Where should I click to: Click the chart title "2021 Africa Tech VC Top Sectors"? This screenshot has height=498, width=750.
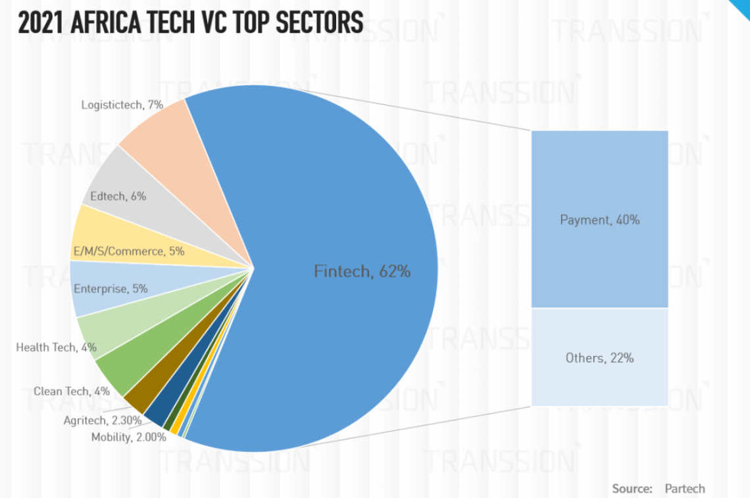(190, 22)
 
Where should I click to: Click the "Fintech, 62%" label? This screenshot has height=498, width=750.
(362, 271)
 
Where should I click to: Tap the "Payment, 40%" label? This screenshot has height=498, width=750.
(599, 219)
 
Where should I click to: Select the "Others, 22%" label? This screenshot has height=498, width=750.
(599, 357)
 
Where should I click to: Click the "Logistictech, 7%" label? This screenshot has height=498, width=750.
(122, 104)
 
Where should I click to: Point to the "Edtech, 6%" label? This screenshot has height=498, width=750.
(118, 196)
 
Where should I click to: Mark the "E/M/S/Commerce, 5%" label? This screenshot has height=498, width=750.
(128, 251)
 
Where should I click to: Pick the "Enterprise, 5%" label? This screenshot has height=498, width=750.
(111, 288)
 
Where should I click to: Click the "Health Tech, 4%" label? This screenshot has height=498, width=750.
(56, 346)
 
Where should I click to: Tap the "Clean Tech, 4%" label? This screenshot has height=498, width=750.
(72, 391)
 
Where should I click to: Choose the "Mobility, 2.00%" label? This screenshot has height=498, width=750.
(128, 437)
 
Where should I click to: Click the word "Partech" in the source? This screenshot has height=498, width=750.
(684, 488)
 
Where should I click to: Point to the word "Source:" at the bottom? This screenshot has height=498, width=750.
(632, 488)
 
